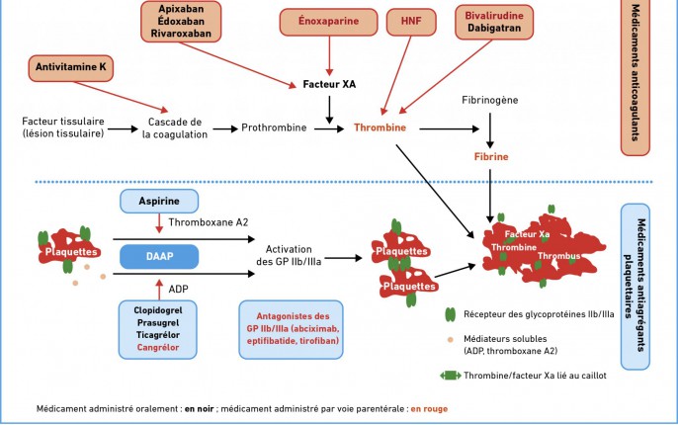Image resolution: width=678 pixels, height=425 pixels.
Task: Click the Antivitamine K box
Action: pos(71,68)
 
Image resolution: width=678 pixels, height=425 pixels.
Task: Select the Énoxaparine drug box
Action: pos(328,22)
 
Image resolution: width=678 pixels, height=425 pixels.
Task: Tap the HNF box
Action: pos(411,22)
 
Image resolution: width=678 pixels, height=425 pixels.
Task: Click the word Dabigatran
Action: pos(494,28)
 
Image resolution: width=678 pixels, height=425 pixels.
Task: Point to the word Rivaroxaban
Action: pos(181,34)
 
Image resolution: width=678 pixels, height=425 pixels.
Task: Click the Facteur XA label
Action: pos(329,84)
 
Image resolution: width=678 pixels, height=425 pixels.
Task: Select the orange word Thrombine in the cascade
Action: pos(381,127)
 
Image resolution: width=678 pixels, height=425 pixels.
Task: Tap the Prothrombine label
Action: pos(274,127)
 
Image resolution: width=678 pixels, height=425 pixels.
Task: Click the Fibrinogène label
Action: pos(490,100)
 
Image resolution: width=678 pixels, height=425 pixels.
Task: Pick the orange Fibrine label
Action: pos(491,156)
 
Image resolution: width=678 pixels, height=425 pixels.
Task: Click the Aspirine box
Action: pos(159,201)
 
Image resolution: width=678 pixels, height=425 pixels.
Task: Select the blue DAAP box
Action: pos(159,256)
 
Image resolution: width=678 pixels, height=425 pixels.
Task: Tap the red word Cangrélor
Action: pos(158,347)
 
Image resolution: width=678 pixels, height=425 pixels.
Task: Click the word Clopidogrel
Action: pos(158,310)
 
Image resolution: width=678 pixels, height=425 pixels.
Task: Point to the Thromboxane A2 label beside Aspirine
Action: pos(209,222)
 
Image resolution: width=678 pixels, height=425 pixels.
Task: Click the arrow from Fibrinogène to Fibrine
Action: pos(490,130)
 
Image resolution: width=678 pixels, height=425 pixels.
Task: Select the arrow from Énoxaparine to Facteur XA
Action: pos(329,55)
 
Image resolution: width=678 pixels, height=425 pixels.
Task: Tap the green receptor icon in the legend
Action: pos(451,314)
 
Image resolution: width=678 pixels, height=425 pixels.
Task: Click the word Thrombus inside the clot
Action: pos(559,256)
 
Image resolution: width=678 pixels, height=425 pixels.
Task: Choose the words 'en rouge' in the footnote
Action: pos(429,409)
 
